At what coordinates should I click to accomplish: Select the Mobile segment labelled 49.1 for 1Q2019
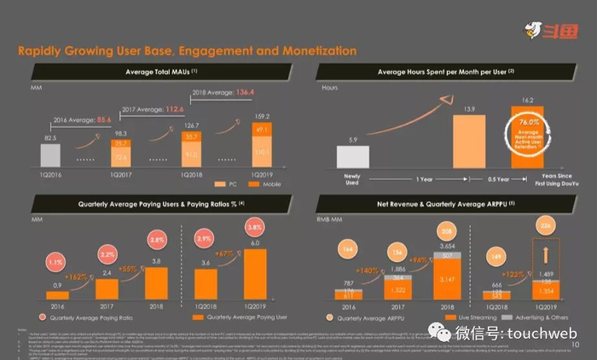(261, 129)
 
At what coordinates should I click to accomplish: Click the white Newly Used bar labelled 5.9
(353, 158)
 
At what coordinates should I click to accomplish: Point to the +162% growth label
(77, 276)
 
